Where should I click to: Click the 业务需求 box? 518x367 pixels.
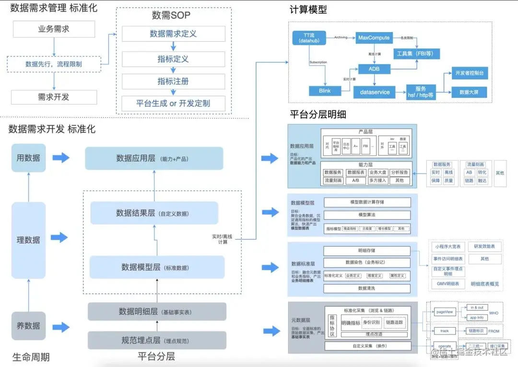pyautogui.click(x=54, y=29)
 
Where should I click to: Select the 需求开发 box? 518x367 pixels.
pyautogui.click(x=54, y=97)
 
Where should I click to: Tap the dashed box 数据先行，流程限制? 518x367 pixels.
pyautogui.click(x=54, y=64)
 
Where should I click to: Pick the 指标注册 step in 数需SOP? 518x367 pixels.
pyautogui.click(x=173, y=81)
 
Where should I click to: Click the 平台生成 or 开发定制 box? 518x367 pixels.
pyautogui.click(x=173, y=103)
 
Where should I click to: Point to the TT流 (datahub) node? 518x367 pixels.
pyautogui.click(x=309, y=38)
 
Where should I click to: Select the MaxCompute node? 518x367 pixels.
pyautogui.click(x=373, y=38)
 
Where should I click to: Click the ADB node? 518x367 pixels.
pyautogui.click(x=373, y=69)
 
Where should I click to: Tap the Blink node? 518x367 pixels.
pyautogui.click(x=325, y=91)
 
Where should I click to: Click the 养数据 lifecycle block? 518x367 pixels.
pyautogui.click(x=28, y=326)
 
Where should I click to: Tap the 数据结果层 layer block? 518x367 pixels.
pyautogui.click(x=154, y=213)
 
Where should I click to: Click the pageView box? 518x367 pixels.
pyautogui.click(x=444, y=312)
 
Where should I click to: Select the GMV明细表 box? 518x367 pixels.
pyautogui.click(x=448, y=284)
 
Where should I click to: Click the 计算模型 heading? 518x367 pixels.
pyautogui.click(x=308, y=10)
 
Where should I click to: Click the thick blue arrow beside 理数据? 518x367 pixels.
pyautogui.click(x=60, y=237)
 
